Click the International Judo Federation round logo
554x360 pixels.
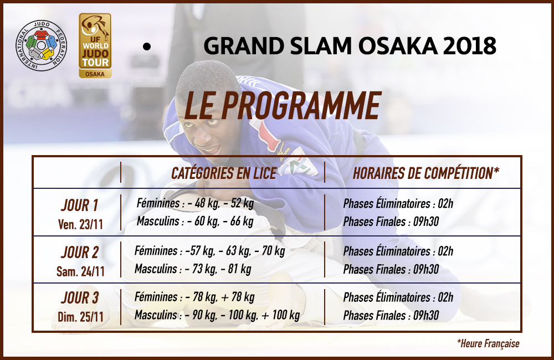point(42,45)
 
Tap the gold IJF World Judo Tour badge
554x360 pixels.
point(95,45)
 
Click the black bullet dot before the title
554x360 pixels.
point(147,47)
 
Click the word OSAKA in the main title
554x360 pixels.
point(397,46)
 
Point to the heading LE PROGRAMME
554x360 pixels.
point(283,106)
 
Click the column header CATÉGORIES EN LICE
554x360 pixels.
point(224,173)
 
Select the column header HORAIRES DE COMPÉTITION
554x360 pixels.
point(425,173)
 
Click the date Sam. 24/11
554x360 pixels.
point(80,271)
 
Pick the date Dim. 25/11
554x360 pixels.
point(80,317)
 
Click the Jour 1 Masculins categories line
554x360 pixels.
point(195,222)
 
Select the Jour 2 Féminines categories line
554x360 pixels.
point(209,251)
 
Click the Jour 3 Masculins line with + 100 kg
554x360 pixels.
point(217,315)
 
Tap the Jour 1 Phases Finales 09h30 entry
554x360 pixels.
point(391,222)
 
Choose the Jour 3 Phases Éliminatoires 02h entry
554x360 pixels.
point(398,297)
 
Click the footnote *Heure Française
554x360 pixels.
point(488,343)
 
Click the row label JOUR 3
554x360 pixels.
point(80,298)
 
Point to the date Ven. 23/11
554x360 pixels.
point(80,224)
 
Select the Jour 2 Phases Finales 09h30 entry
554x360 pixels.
point(391,269)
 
